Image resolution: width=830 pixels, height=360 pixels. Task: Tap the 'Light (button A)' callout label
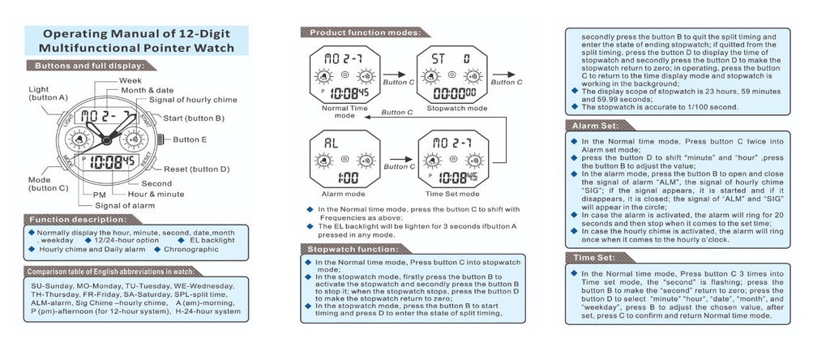tap(47, 93)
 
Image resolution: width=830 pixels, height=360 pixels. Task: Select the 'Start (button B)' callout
tap(194, 118)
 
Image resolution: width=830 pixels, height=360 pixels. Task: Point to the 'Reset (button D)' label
tap(197, 169)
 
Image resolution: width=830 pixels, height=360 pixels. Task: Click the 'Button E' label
tap(190, 139)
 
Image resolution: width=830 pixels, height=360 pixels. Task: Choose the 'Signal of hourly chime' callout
tap(192, 100)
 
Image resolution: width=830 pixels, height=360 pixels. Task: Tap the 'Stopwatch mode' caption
tap(457, 107)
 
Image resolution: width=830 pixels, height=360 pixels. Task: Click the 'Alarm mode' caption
tap(344, 195)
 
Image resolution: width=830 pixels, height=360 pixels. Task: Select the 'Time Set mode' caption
tap(454, 195)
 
